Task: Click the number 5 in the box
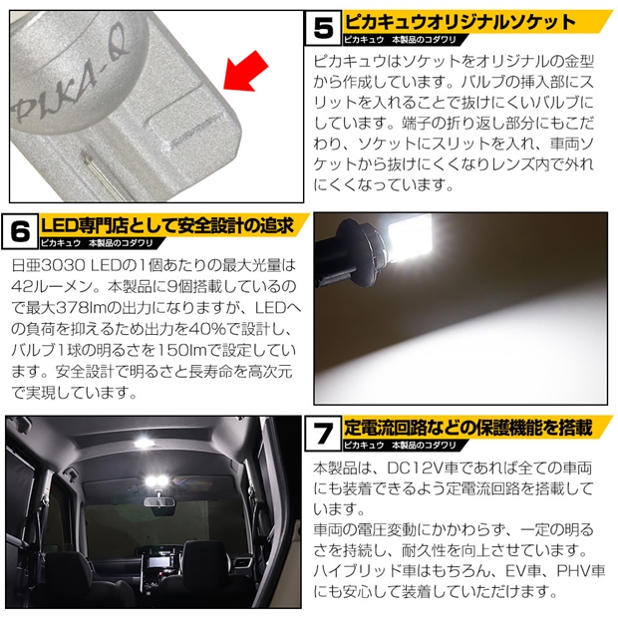[323, 28]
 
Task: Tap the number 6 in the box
[20, 231]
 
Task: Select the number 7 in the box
[323, 434]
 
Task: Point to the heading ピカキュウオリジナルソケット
[460, 22]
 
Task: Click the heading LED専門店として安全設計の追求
[167, 226]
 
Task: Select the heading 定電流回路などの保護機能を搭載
[468, 428]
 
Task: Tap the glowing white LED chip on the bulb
[409, 237]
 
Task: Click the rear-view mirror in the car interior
[157, 501]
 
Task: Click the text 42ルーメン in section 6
[52, 286]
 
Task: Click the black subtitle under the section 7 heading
[400, 445]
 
